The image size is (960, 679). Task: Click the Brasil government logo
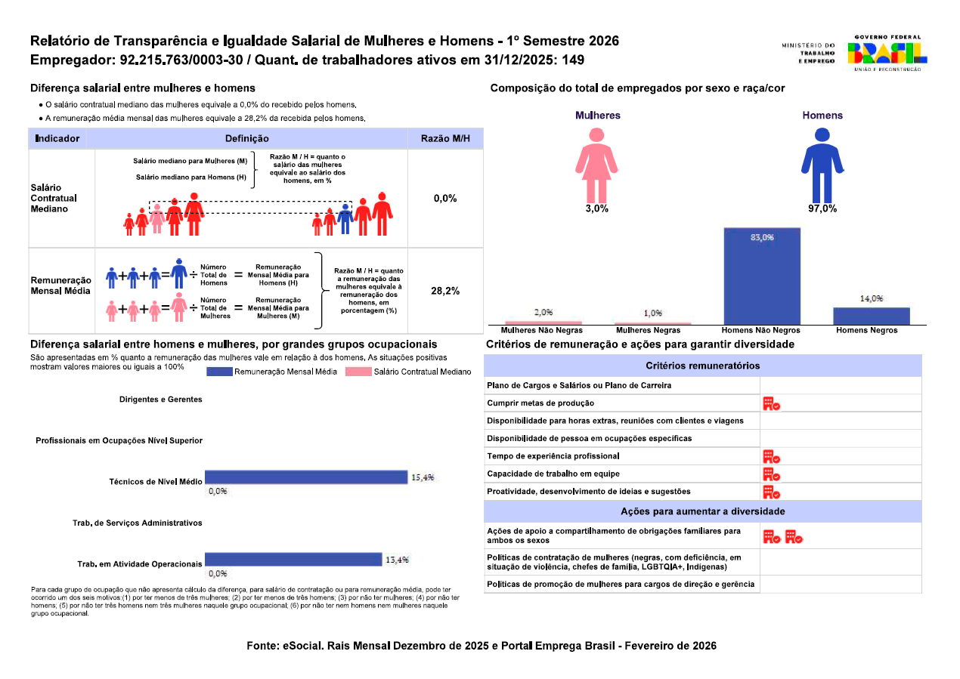click(x=887, y=53)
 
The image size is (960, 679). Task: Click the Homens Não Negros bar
click(x=761, y=276)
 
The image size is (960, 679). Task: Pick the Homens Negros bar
click(x=872, y=316)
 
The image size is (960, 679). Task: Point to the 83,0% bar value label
click(x=762, y=237)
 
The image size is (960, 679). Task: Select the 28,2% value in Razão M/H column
click(x=445, y=291)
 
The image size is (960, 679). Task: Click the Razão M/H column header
click(x=445, y=139)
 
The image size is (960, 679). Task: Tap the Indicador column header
click(x=57, y=139)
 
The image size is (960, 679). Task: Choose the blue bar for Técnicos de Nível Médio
click(x=306, y=477)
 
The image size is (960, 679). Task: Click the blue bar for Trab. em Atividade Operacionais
click(x=293, y=560)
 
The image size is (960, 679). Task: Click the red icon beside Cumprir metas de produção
click(x=771, y=403)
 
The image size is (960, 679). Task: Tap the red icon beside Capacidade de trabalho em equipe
click(x=771, y=474)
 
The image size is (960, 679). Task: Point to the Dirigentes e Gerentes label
click(x=160, y=400)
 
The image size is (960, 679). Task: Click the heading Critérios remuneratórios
click(x=703, y=366)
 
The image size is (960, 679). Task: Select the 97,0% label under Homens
click(x=822, y=208)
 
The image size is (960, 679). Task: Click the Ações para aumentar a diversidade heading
click(x=703, y=511)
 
